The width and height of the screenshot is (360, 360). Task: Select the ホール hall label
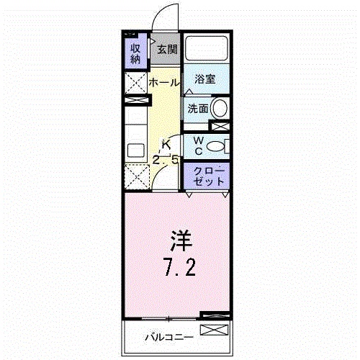coord(163,83)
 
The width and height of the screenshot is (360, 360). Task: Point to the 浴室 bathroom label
coord(204,79)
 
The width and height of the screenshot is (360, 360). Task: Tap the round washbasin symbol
coord(220,109)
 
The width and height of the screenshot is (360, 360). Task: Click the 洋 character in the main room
coord(180,238)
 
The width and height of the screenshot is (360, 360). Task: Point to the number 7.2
coord(180,268)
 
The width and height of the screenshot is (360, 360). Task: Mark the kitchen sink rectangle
coord(135,152)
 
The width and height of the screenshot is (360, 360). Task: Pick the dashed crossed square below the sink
coord(135,176)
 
